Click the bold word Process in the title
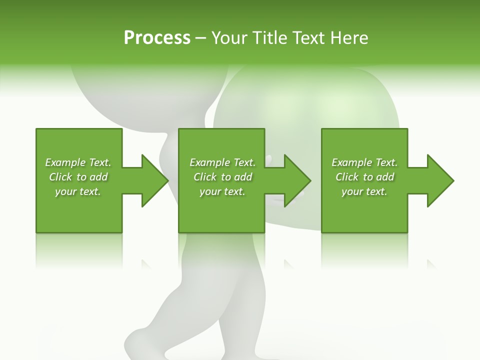click(x=157, y=37)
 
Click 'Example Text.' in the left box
click(x=78, y=162)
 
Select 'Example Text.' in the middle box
click(x=222, y=162)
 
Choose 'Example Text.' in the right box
click(x=364, y=162)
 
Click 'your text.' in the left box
click(x=78, y=191)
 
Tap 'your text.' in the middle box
click(x=222, y=191)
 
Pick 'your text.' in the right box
click(x=364, y=191)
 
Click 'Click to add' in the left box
click(x=78, y=177)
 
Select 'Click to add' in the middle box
click(x=222, y=177)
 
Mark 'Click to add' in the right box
click(x=364, y=177)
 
